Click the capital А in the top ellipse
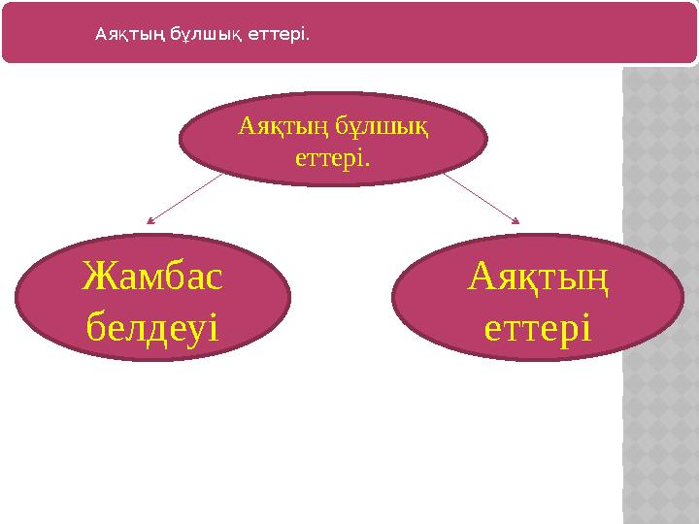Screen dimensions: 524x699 click(x=247, y=125)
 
